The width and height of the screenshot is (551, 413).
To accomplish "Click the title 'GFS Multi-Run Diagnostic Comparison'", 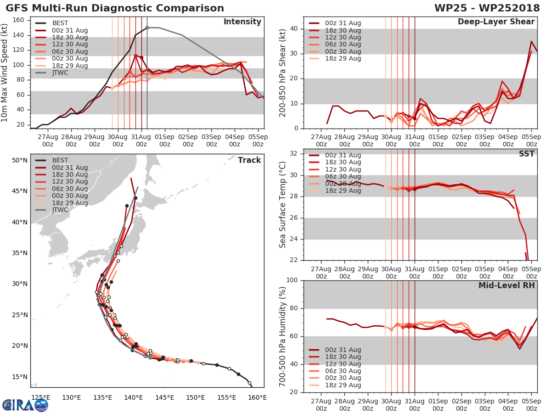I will pos(115,8).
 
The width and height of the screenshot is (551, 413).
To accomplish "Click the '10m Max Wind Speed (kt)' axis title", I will pos(5,73).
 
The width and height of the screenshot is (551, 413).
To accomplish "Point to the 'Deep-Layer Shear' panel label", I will pos(496,22).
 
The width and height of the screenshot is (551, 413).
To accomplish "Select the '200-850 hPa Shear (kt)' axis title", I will pos(283,73).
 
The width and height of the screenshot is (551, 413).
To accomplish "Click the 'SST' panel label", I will pos(526,154).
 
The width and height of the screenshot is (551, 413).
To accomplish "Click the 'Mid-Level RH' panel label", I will pos(506,285).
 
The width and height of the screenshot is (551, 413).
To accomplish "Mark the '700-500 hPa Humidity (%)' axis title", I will pos(283,336).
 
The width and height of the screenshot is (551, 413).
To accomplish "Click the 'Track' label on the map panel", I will pos(249,160).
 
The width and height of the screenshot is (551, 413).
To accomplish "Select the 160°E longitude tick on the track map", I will pos(257,397).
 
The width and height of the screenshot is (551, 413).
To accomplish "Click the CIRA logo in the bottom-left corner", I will pos(25,405).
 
